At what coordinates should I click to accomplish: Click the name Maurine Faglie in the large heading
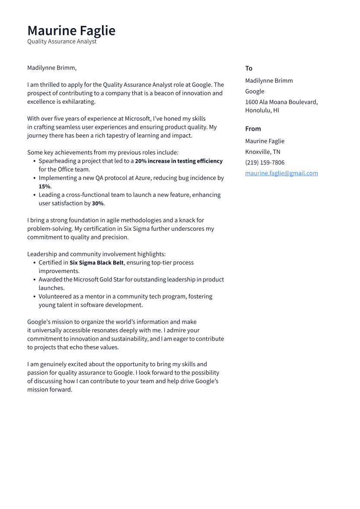pyautogui.click(x=71, y=31)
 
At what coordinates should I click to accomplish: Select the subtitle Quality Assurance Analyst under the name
pyautogui.click(x=62, y=41)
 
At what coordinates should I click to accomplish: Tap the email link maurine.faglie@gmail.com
pyautogui.click(x=281, y=173)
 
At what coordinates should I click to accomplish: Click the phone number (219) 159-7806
pyautogui.click(x=264, y=162)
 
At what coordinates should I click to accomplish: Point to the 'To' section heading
pyautogui.click(x=248, y=68)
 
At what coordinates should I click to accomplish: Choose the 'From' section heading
pyautogui.click(x=253, y=129)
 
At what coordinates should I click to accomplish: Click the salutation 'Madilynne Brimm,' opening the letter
pyautogui.click(x=52, y=68)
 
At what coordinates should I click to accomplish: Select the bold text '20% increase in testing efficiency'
pyautogui.click(x=178, y=161)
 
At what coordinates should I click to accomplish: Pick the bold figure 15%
pyautogui.click(x=44, y=187)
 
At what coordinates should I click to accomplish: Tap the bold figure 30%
pyautogui.click(x=98, y=204)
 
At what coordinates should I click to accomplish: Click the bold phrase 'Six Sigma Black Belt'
pyautogui.click(x=96, y=263)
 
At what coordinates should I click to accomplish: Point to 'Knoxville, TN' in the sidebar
pyautogui.click(x=262, y=152)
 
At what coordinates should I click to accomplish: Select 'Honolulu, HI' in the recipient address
pyautogui.click(x=262, y=110)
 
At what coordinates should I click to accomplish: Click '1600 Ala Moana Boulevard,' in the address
pyautogui.click(x=281, y=102)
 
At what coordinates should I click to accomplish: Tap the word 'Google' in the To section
pyautogui.click(x=255, y=91)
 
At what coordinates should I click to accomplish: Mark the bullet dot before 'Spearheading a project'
pyautogui.click(x=34, y=161)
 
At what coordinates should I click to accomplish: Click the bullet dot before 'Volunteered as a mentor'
pyautogui.click(x=34, y=297)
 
